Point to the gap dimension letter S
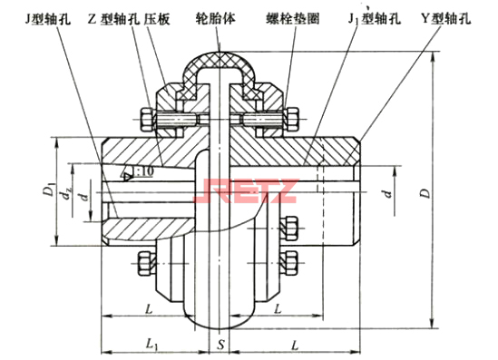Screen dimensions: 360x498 220,345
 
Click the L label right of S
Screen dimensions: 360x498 295,345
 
